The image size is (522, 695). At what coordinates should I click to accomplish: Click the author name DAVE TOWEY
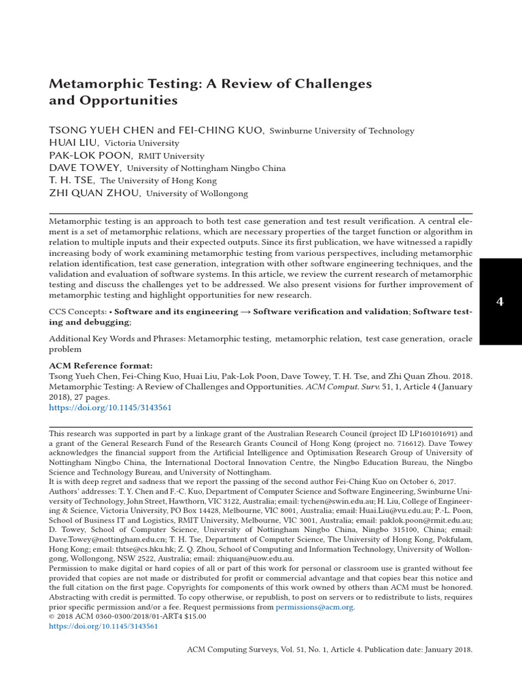point(85,168)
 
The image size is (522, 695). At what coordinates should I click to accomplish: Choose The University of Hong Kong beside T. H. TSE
point(158,181)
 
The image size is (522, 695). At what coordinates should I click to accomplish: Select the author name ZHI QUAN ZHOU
point(94,193)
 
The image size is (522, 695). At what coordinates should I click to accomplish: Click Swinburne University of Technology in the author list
point(342,131)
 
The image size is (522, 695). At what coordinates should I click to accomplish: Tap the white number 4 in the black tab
point(500,301)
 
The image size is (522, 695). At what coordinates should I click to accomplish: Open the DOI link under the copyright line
point(103,626)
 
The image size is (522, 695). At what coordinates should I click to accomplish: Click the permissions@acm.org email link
point(315,607)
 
